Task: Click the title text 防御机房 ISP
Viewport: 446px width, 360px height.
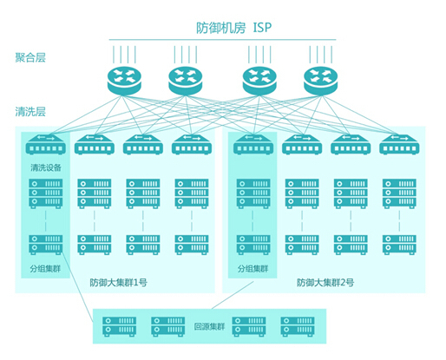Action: pyautogui.click(x=234, y=28)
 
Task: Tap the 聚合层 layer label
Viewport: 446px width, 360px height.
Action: pyautogui.click(x=30, y=57)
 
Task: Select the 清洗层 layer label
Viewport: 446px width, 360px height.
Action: pyautogui.click(x=30, y=111)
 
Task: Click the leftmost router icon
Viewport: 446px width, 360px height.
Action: pyautogui.click(x=124, y=81)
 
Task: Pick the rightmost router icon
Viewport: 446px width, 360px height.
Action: pyautogui.click(x=321, y=81)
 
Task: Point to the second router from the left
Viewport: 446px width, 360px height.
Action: pyautogui.click(x=186, y=81)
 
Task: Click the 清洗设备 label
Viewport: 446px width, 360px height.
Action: pyautogui.click(x=46, y=167)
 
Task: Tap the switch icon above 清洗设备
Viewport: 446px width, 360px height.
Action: pyautogui.click(x=46, y=144)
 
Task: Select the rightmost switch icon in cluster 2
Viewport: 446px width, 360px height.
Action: pyautogui.click(x=399, y=144)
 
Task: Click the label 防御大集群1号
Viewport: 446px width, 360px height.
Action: pyautogui.click(x=118, y=282)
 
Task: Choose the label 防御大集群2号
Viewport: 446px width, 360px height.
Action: pyautogui.click(x=325, y=282)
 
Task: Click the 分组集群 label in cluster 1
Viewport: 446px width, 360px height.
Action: pyautogui.click(x=45, y=269)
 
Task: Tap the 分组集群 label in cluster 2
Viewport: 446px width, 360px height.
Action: pyautogui.click(x=253, y=269)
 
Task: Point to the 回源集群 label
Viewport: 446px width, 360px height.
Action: pyautogui.click(x=209, y=327)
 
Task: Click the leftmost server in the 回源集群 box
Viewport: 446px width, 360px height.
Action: pyautogui.click(x=119, y=327)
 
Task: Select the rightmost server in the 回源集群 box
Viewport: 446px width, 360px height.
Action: pyautogui.click(x=298, y=327)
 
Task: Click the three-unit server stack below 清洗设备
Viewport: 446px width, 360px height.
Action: pyautogui.click(x=46, y=193)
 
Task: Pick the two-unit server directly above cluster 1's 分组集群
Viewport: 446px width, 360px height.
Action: pyautogui.click(x=46, y=245)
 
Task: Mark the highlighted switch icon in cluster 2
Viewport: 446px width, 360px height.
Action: pyautogui.click(x=253, y=144)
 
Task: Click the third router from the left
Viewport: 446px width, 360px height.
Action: pyautogui.click(x=259, y=81)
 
